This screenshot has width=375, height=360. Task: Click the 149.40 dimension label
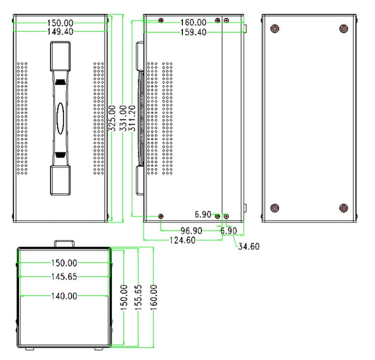(x=59, y=32)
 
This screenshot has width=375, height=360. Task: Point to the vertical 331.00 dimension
(x=123, y=120)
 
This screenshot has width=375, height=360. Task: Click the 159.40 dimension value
(x=193, y=32)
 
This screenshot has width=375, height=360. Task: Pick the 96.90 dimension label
(x=191, y=231)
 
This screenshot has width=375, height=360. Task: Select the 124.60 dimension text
(x=183, y=240)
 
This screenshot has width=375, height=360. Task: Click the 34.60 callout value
(x=249, y=246)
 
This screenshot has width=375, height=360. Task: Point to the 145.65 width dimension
(x=63, y=277)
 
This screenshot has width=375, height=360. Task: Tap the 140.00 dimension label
(x=63, y=296)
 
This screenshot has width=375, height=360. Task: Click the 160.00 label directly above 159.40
(x=193, y=22)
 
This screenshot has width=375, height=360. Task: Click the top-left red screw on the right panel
(x=274, y=29)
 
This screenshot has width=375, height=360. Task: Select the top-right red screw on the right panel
(x=343, y=29)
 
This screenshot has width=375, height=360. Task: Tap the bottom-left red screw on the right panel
(x=274, y=207)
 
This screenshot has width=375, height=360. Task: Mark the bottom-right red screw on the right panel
(x=343, y=207)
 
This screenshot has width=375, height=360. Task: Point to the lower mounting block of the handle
(x=61, y=180)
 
